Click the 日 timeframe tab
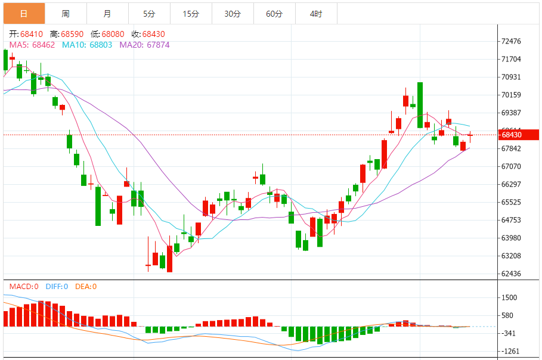point(24,14)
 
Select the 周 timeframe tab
point(66,14)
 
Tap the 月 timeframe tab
point(107,14)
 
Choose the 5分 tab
point(149,14)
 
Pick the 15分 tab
point(191,14)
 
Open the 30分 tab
point(233,14)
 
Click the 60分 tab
point(274,14)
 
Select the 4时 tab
point(316,14)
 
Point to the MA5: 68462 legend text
point(32,44)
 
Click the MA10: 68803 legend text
point(87,44)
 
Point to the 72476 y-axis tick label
point(512,42)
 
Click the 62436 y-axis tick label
point(512,274)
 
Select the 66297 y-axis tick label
point(512,185)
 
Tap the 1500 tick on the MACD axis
point(509,298)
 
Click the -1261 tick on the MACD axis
point(510,352)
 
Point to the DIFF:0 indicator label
point(57,287)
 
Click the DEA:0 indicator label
point(86,287)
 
